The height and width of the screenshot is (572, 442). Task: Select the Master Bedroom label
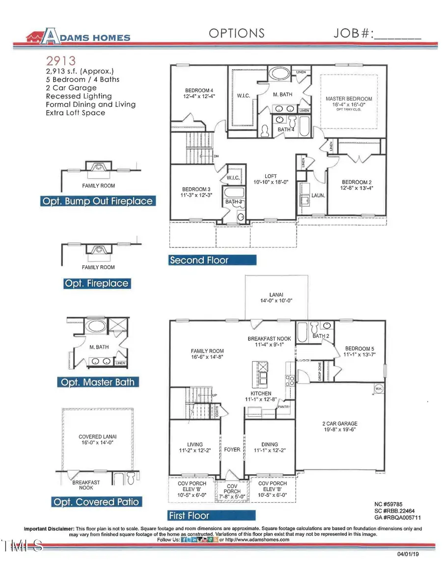click(349, 99)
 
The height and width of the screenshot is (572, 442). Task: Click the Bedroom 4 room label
click(199, 90)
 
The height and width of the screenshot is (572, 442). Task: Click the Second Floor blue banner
click(199, 260)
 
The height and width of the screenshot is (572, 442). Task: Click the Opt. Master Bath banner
click(98, 382)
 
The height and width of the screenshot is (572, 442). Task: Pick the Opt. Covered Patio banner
click(96, 502)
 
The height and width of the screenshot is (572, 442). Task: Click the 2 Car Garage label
click(340, 423)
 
